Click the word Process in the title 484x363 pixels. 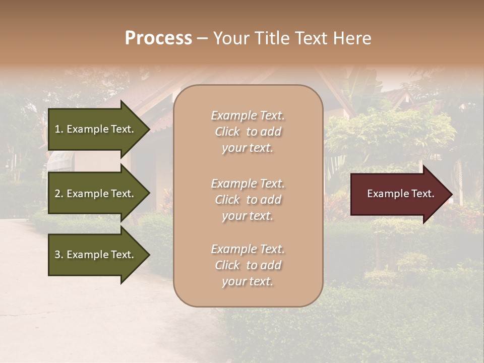[158, 38]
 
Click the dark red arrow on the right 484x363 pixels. [398, 194]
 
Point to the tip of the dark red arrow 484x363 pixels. [451, 194]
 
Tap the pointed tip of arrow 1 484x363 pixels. [149, 129]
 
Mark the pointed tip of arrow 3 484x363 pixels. [149, 255]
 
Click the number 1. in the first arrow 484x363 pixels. [59, 129]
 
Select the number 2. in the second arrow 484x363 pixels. [59, 194]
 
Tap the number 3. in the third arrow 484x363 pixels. [59, 255]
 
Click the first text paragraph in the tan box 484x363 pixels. [248, 132]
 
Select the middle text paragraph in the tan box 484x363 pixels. [248, 200]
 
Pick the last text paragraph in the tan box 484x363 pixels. [248, 265]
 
